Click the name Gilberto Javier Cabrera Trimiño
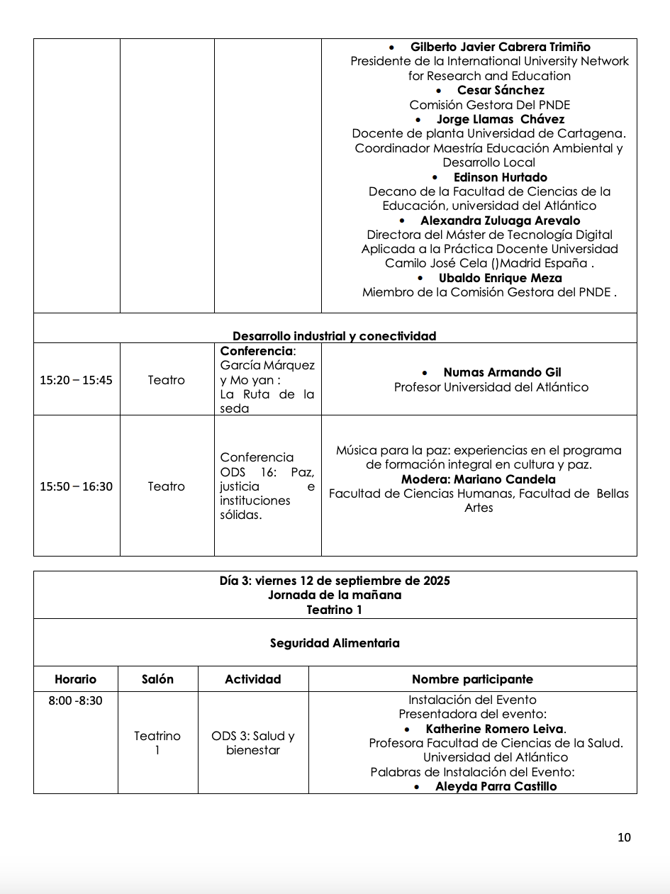tap(500, 47)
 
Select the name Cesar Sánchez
tap(501, 90)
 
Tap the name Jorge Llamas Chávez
tap(500, 119)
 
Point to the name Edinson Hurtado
tap(500, 177)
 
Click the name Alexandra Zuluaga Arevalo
tap(500, 220)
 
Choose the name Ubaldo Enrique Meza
tap(500, 278)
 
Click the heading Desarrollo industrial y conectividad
tap(335, 336)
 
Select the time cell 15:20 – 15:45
tap(76, 380)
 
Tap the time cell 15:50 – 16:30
tap(76, 486)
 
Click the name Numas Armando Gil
tap(502, 372)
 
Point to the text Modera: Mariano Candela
tap(479, 479)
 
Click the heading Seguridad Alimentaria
tap(335, 643)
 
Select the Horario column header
tap(75, 679)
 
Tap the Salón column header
tap(157, 679)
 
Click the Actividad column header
tap(253, 679)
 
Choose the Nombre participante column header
tap(472, 679)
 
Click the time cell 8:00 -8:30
tap(75, 700)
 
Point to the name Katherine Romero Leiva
tap(496, 729)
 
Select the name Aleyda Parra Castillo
tap(496, 786)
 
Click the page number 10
tap(624, 837)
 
